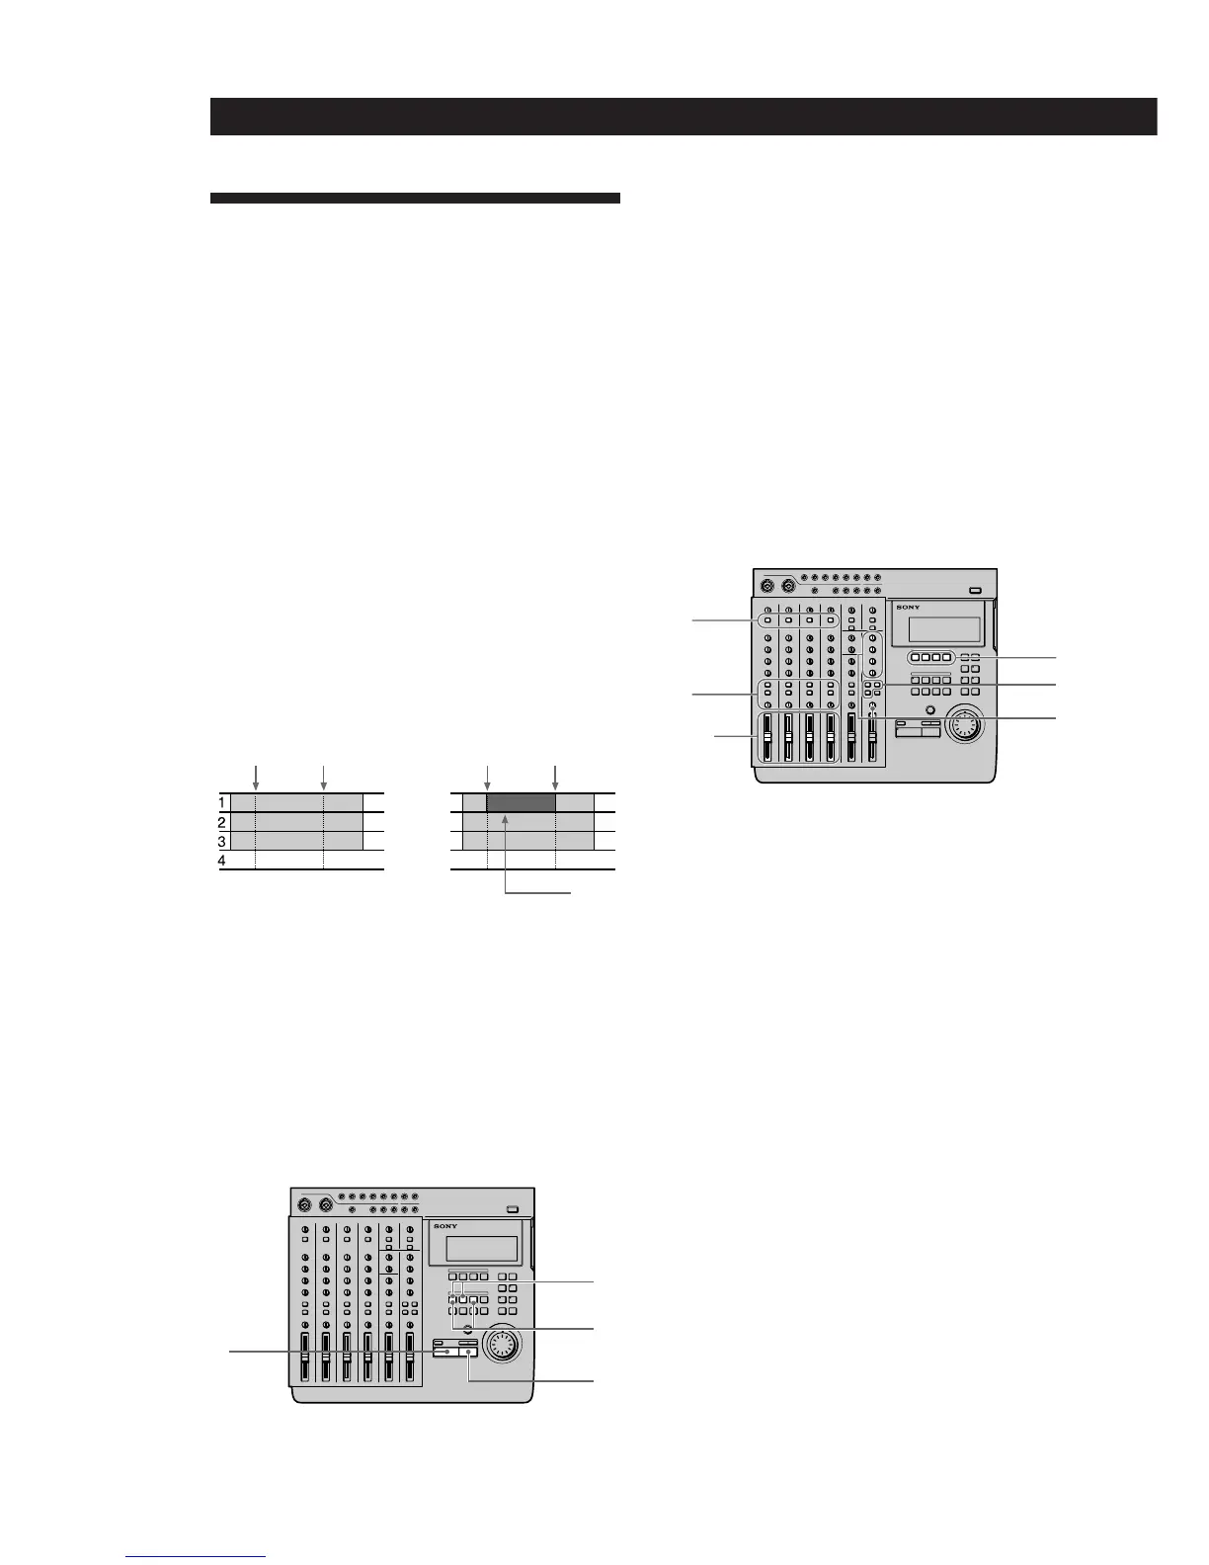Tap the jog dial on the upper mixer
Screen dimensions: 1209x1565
coord(964,727)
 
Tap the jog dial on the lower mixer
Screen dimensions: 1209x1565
coord(501,1345)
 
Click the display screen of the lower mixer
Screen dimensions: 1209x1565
coord(482,1248)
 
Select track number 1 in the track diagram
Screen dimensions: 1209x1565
coord(223,802)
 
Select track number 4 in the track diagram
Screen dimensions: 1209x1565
coord(223,862)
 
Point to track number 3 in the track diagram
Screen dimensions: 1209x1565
coord(223,842)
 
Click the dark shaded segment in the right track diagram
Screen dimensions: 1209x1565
coord(521,802)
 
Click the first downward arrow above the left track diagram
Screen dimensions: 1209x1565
coord(256,775)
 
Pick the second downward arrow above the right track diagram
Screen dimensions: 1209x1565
coord(555,775)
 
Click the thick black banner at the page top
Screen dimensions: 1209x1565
coord(683,117)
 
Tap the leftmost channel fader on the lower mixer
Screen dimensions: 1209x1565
coord(304,1359)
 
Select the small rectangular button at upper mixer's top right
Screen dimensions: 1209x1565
coord(976,591)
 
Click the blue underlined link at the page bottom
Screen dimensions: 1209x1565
coord(197,1557)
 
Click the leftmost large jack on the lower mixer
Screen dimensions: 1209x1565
coord(304,1205)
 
